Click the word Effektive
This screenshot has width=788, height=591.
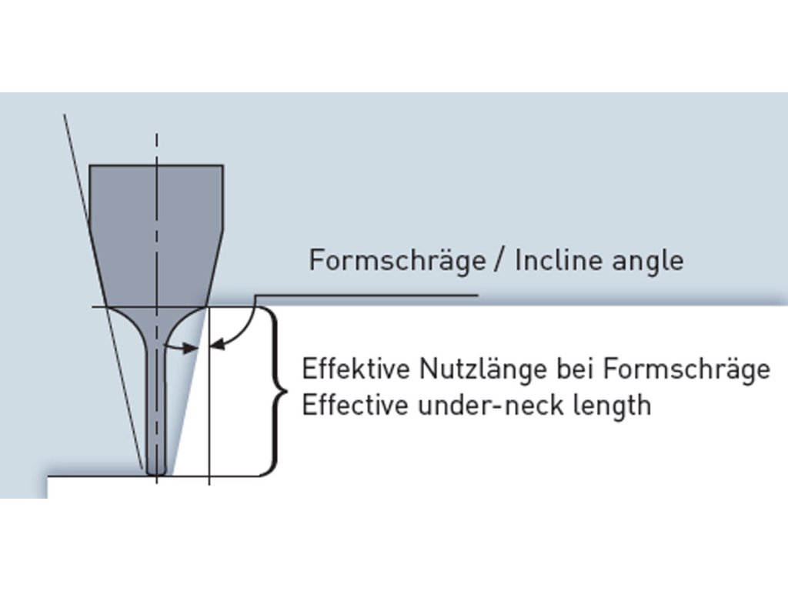point(356,369)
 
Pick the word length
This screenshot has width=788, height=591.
point(614,406)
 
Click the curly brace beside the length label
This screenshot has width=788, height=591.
point(275,391)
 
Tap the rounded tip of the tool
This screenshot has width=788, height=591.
point(156,467)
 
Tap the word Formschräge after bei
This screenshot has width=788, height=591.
point(686,369)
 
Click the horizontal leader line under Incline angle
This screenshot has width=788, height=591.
point(369,295)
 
